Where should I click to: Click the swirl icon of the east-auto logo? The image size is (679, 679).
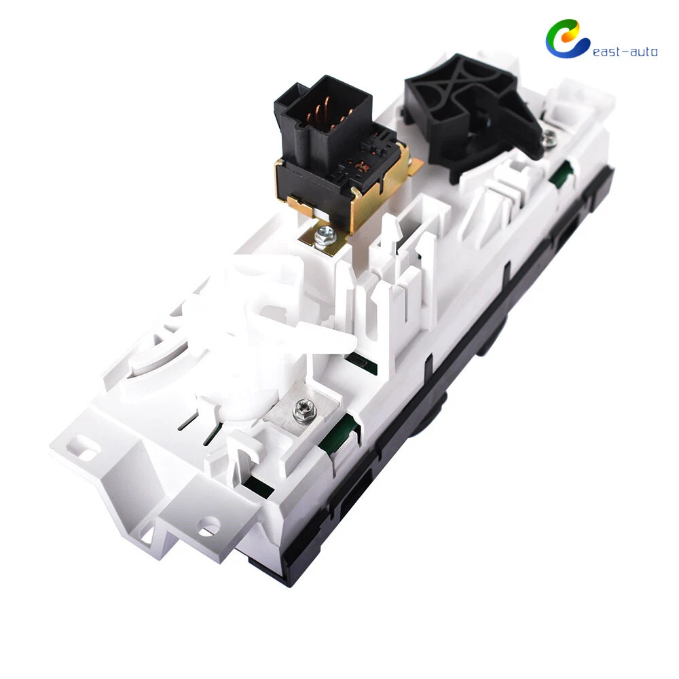click(x=567, y=38)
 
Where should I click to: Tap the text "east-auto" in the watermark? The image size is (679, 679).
click(x=625, y=52)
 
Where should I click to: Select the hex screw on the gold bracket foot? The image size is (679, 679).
click(x=322, y=237)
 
